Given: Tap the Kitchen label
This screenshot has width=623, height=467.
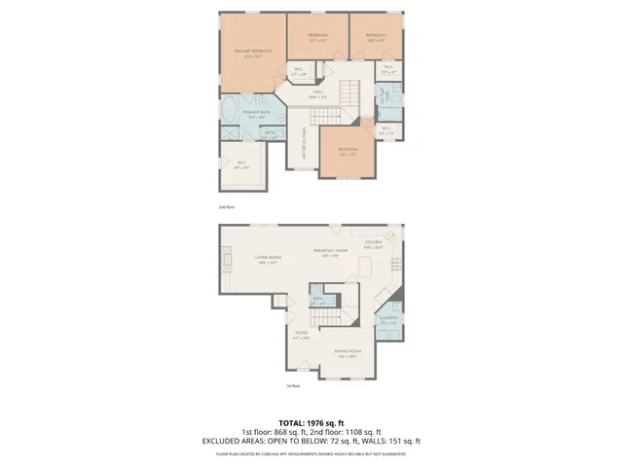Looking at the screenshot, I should pyautogui.click(x=374, y=244).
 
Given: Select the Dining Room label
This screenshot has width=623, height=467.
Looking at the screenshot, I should pyautogui.click(x=348, y=351).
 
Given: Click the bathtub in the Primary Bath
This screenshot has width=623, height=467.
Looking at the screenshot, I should pyautogui.click(x=232, y=114).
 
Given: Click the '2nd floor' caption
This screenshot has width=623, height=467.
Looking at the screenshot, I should pyautogui.click(x=226, y=207).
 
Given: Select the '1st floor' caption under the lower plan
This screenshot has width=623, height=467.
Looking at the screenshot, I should pyautogui.click(x=291, y=386).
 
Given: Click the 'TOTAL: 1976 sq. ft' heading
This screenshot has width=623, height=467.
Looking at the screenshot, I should pyautogui.click(x=311, y=423).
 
